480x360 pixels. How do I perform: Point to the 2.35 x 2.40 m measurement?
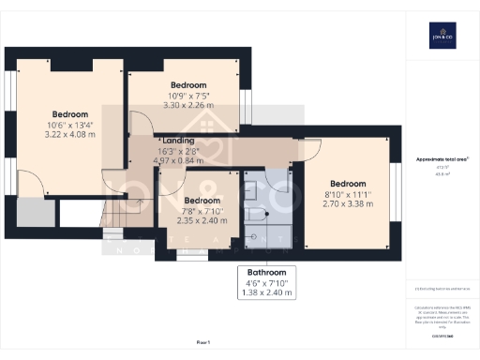tap(202, 220)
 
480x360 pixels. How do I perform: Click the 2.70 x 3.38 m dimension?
tap(348, 202)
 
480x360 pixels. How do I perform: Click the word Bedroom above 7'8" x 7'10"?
tap(202, 201)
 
